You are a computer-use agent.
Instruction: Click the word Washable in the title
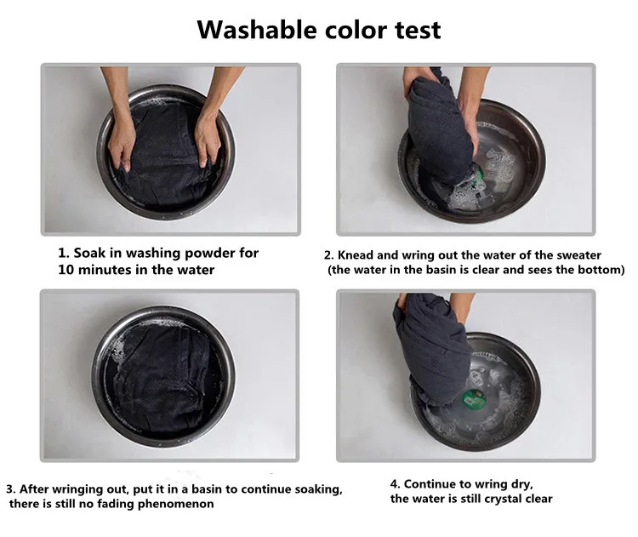[257, 30]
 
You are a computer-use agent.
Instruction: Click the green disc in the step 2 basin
[477, 173]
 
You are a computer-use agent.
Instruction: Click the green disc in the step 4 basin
[472, 398]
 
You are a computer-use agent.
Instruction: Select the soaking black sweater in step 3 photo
[165, 379]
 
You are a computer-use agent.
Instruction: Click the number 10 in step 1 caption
[66, 270]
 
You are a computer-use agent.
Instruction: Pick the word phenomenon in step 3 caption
[176, 504]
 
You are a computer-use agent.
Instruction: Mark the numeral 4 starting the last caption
[394, 484]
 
